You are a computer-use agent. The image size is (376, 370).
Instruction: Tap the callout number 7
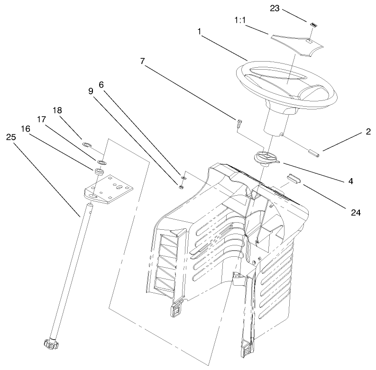tap(142, 62)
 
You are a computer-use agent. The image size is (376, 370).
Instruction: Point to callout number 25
tap(12, 137)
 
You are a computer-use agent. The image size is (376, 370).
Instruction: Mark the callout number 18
tap(57, 110)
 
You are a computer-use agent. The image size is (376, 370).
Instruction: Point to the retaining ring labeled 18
tap(87, 144)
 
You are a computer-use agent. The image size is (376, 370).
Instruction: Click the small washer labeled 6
tap(183, 177)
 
